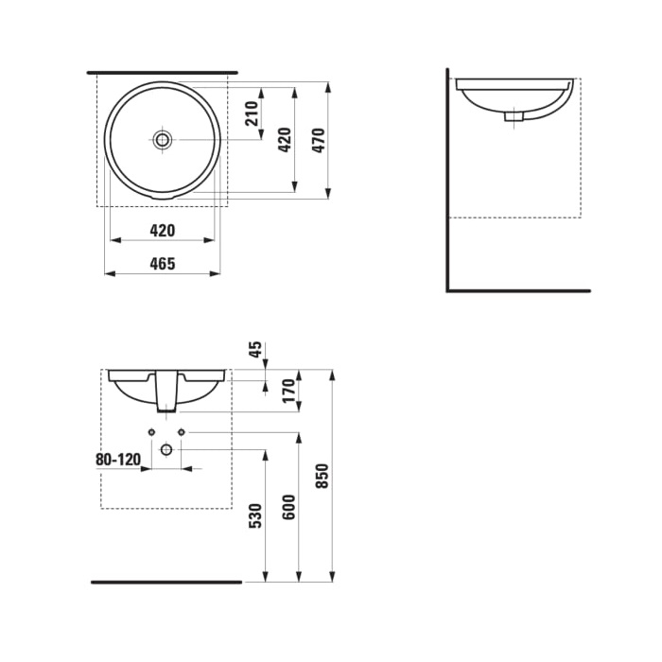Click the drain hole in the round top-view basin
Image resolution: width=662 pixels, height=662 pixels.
point(162,139)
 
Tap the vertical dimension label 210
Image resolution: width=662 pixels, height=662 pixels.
point(252,113)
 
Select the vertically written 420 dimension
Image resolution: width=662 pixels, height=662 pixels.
point(284,140)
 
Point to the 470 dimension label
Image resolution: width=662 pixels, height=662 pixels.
point(319,140)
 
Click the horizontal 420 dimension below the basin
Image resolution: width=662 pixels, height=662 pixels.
point(163,230)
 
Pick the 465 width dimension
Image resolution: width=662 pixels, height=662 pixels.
point(163,264)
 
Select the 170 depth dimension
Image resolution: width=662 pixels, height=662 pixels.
point(287,389)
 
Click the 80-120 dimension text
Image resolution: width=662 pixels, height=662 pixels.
point(118,460)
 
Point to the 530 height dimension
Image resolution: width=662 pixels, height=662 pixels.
point(254,515)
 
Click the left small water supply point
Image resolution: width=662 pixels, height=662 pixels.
point(151,432)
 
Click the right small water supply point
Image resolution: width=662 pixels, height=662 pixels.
point(181,432)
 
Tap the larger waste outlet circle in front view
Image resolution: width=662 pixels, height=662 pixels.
point(165,449)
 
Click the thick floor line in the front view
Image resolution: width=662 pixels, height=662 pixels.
point(166,582)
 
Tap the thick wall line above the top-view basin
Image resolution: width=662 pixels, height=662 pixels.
point(162,72)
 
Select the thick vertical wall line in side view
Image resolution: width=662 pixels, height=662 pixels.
point(447,180)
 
